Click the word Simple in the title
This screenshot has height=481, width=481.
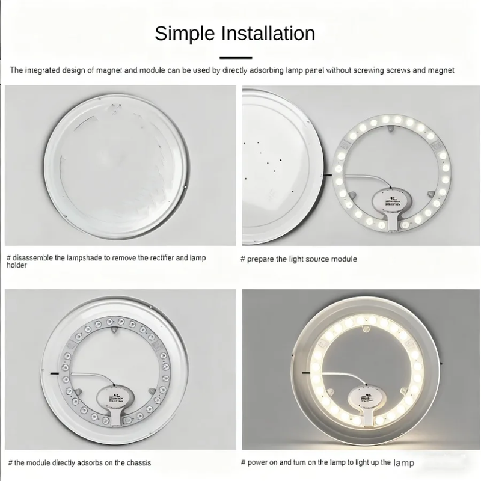185,34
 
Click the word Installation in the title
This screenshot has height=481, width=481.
268,33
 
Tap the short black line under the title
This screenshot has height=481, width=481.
236,57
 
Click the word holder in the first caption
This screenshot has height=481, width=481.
17,265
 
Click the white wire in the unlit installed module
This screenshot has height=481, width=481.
92,376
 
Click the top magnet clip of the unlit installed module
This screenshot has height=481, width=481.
115,330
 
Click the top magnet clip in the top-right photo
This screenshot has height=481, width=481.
390,128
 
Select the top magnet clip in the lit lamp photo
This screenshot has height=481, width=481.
366,329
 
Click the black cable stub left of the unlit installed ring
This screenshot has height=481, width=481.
54,373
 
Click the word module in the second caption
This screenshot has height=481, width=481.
345,259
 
